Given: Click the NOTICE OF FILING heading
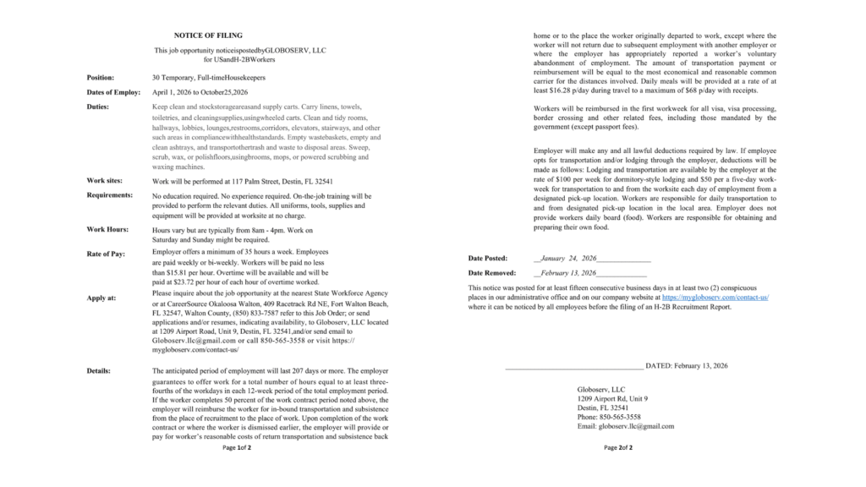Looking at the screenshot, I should pos(203,36).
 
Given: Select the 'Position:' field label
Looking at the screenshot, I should pos(101,78).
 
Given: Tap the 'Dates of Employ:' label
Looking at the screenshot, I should pos(113,91).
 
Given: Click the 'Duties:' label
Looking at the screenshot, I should pos(98,107).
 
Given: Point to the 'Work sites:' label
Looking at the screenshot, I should pos(105,181).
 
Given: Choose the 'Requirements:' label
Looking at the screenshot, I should pos(110,195).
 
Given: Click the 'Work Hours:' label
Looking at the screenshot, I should pos(107,230).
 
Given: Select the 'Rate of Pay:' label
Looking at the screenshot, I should pos(107,254).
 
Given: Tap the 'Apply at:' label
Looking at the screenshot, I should pos(101,298).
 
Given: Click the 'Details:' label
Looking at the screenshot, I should pos(100,371).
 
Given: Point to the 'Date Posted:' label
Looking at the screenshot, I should pos(488,258).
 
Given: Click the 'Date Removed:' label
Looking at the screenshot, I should pos(492,274).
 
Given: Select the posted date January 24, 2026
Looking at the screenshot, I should pos(567,258).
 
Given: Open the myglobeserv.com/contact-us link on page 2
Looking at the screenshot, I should pos(715,298).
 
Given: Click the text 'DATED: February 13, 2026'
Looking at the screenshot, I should pos(686,365).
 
